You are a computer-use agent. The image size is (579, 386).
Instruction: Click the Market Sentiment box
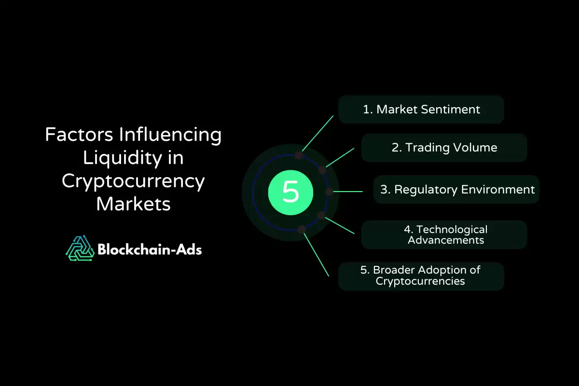coord(421,110)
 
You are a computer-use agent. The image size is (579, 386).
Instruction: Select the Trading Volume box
coord(444,148)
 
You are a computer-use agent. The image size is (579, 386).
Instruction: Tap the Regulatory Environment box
coord(456,190)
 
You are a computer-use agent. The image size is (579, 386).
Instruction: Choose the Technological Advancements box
coord(444,235)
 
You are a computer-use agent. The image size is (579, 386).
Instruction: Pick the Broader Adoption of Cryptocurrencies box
coord(421,276)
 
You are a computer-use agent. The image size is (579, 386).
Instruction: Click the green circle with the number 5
coord(290,193)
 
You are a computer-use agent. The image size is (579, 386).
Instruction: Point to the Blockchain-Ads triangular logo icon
coord(80,248)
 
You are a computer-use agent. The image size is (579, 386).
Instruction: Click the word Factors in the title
coord(79,135)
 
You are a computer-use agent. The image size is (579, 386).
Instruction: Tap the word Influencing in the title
coord(170,135)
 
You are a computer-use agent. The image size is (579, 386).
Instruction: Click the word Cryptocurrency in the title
coord(133,181)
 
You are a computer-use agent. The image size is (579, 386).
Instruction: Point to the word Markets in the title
coord(133,204)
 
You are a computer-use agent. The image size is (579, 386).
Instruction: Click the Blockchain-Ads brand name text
coord(150,250)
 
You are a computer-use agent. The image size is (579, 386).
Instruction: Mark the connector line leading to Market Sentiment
coord(317,133)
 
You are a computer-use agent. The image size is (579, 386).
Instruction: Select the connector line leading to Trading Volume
coord(340,158)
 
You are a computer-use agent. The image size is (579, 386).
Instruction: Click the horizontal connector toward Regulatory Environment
coord(348,192)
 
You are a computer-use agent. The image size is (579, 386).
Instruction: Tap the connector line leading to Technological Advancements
coord(340,225)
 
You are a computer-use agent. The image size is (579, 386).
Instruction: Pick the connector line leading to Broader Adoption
coord(316,255)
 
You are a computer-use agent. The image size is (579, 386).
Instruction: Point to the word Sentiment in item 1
coord(451,110)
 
